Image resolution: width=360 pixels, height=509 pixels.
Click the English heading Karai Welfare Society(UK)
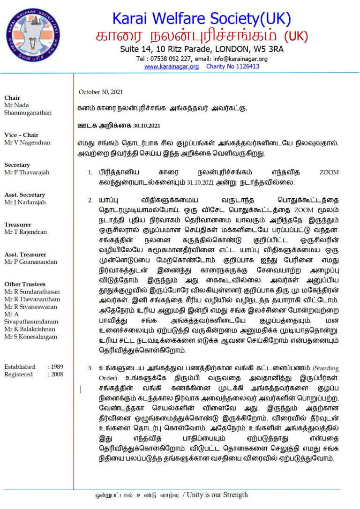coord(201,18)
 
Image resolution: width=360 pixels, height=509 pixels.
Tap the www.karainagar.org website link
coord(171,67)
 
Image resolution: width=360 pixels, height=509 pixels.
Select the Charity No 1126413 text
coord(232,67)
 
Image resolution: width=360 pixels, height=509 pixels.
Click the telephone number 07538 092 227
coord(171,59)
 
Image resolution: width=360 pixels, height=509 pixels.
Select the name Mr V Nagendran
coord(26,142)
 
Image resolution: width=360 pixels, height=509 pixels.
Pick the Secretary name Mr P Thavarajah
coord(27,172)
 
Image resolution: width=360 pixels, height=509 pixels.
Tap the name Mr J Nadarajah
coord(25,202)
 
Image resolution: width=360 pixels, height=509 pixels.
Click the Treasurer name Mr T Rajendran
coord(27,232)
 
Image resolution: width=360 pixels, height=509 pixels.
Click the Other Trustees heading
coord(25,284)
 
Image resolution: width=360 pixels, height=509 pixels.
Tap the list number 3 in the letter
coord(90,368)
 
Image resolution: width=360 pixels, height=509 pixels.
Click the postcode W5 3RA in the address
coord(269,49)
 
